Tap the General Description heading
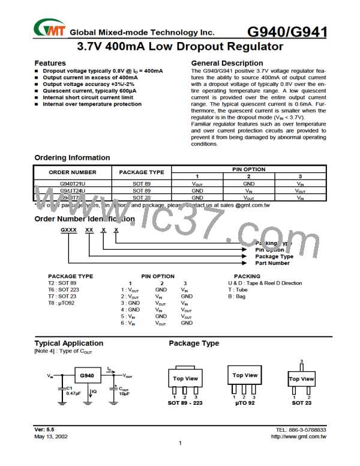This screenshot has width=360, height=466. (x=227, y=63)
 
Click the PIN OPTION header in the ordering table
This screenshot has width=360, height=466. (x=248, y=169)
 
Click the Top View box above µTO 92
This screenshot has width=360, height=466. (x=245, y=376)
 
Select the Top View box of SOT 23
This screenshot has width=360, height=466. (x=301, y=379)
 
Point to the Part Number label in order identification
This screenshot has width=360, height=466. (x=272, y=263)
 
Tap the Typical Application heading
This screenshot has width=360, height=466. (x=69, y=343)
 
